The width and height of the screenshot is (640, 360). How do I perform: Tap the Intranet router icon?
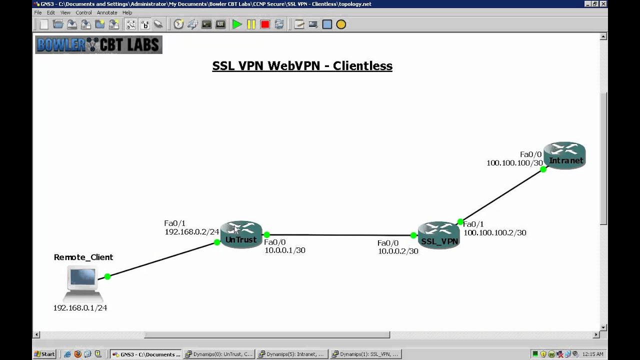pos(564,155)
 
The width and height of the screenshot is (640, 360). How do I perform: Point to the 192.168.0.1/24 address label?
pos(80,308)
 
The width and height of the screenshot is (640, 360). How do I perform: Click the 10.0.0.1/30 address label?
pos(284,250)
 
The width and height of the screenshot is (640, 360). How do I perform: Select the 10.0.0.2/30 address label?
pos(398,251)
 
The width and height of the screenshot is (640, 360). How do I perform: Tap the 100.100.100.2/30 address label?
pos(494,232)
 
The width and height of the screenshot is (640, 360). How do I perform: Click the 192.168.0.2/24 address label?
pos(192,231)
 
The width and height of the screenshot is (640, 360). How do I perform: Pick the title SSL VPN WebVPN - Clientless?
pos(302,66)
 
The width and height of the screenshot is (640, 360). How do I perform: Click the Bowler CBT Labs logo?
pos(98,45)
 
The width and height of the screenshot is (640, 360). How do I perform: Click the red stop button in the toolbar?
pos(265,24)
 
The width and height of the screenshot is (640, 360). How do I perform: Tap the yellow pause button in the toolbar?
pos(251,24)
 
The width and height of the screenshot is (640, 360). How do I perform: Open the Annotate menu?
pos(106,12)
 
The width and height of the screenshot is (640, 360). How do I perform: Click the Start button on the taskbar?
pos(44,354)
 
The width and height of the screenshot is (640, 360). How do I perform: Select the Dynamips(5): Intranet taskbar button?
pos(291,354)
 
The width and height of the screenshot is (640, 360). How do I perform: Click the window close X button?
pos(603,4)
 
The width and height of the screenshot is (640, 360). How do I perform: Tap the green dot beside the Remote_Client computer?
pos(107,276)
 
